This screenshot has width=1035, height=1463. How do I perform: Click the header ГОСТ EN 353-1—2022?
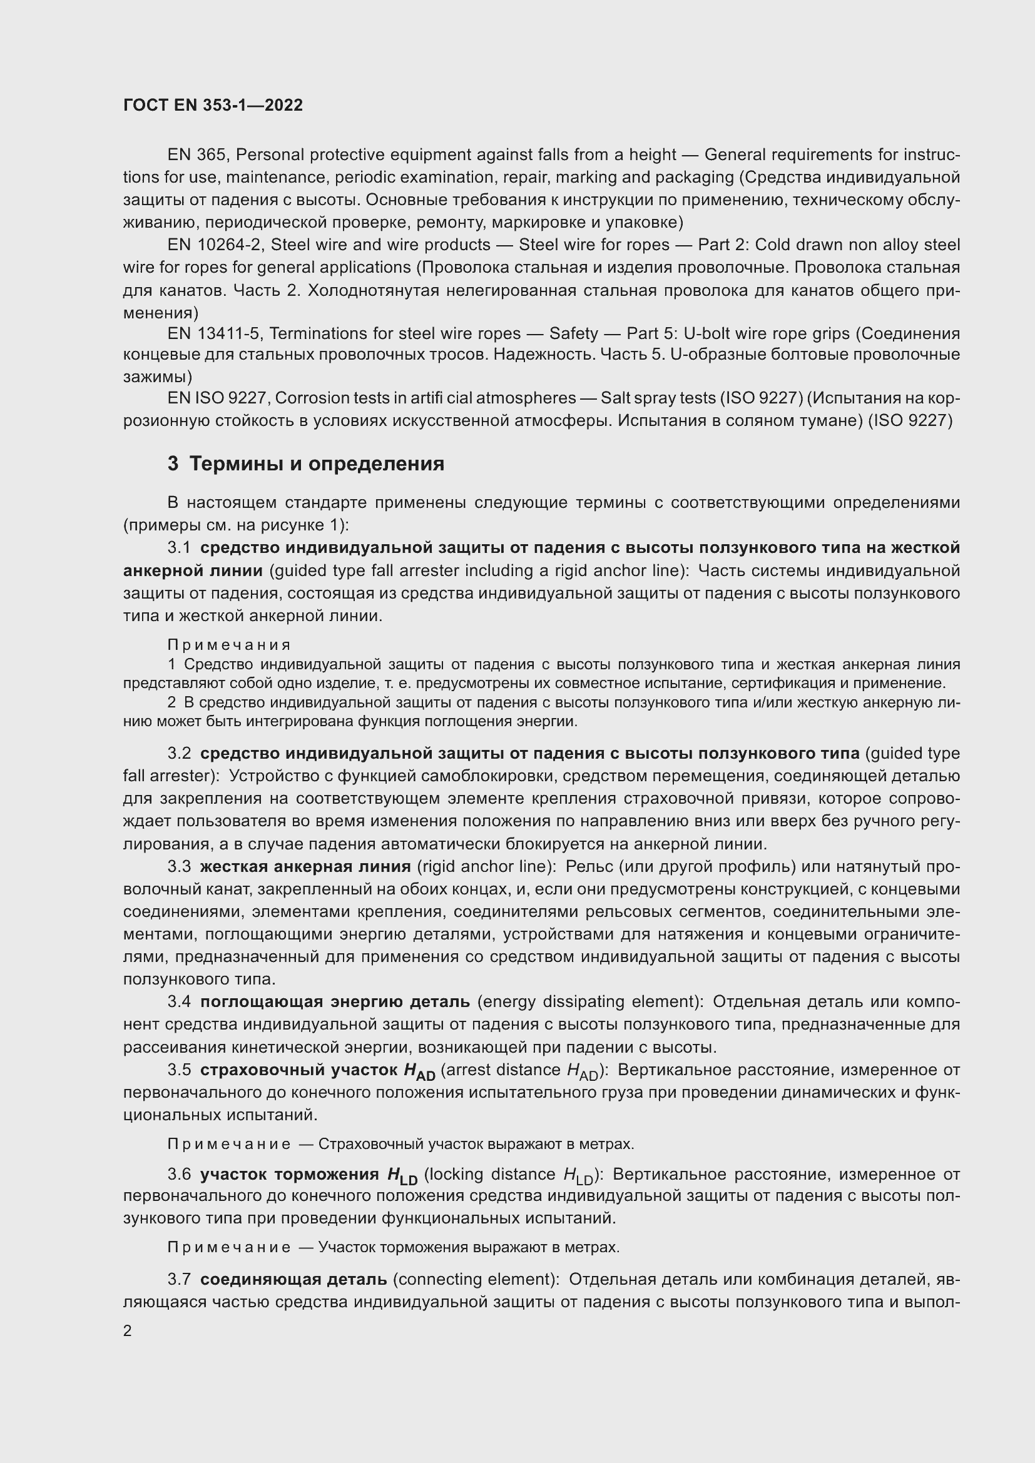(213, 105)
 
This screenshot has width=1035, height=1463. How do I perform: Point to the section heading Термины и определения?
(316, 463)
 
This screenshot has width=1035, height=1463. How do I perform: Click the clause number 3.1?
(179, 548)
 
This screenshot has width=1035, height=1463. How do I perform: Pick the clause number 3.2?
(179, 753)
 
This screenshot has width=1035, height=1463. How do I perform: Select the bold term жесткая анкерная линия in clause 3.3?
(305, 866)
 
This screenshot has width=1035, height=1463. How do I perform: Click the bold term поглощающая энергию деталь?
(335, 1001)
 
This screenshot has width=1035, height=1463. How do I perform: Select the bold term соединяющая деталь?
(293, 1279)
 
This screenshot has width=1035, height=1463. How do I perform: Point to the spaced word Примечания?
(229, 645)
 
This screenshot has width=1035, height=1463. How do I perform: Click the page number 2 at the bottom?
(128, 1330)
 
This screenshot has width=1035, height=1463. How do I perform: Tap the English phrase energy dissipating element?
(589, 1001)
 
